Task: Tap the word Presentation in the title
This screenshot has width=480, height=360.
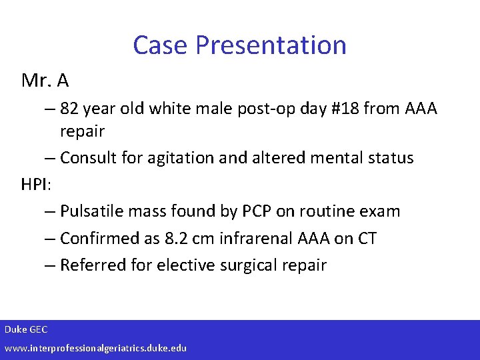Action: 271,45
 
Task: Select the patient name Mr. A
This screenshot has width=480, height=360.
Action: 45,81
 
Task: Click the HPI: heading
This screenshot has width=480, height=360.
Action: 36,185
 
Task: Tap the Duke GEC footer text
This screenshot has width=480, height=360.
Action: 26,329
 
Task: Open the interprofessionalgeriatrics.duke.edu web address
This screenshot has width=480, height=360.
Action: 95,348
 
